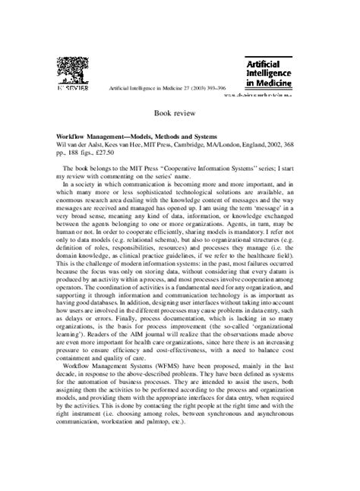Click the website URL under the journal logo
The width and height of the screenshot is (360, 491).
click(x=279, y=96)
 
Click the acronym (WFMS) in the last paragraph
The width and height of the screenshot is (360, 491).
click(x=169, y=365)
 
